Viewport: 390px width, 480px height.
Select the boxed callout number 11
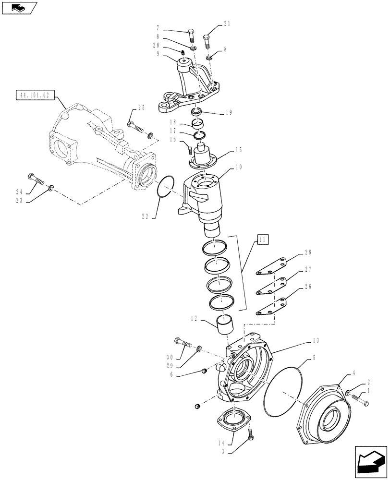coord(262,239)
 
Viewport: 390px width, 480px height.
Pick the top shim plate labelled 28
coord(271,267)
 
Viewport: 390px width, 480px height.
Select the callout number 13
coord(316,340)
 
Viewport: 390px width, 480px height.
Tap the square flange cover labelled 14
coord(234,417)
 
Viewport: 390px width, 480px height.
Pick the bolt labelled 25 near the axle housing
coord(134,127)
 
